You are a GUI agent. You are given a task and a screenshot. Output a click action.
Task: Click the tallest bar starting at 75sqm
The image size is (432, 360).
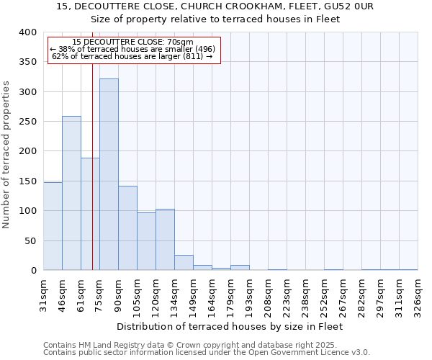point(109,174)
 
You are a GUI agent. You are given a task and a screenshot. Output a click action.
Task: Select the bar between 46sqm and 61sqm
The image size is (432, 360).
point(71,193)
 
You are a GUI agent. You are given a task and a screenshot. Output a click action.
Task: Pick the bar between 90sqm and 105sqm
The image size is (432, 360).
point(127,228)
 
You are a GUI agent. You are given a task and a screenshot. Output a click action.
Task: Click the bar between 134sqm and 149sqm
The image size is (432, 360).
point(184,263)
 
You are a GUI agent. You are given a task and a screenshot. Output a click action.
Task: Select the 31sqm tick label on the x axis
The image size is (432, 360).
point(43,294)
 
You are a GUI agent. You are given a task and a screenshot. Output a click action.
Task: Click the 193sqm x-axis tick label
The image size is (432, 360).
point(249,296)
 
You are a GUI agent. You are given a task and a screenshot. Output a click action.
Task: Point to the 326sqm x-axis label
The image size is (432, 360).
point(418,296)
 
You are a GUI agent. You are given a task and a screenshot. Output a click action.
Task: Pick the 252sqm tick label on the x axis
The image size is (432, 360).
point(324,296)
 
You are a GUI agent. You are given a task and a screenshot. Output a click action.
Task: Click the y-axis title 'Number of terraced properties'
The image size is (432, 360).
point(7,155)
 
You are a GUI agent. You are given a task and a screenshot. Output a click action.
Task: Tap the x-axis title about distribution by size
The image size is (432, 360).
point(229,326)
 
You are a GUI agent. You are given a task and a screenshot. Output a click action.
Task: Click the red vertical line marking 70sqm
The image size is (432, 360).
point(92,180)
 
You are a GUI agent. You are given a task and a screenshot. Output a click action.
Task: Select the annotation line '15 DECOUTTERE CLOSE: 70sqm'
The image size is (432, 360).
point(133,42)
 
